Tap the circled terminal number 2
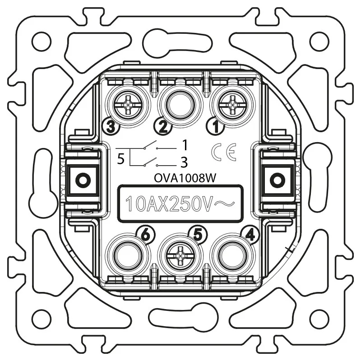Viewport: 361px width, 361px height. tap(163, 126)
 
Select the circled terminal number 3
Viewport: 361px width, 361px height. tap(111, 126)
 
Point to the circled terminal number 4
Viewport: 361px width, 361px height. tap(250, 235)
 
